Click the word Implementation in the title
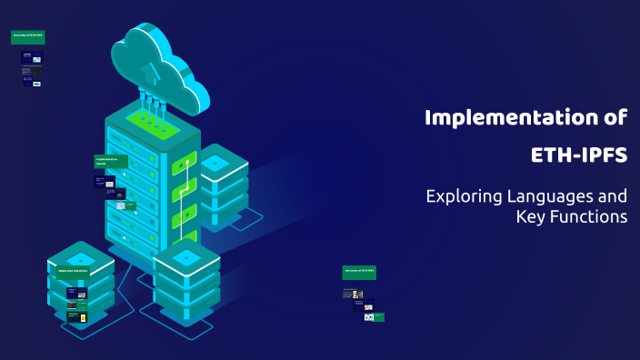[505, 117]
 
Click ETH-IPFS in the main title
[578, 155]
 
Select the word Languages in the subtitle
[547, 195]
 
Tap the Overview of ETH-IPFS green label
[27, 37]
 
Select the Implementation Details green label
[111, 161]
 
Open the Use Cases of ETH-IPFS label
[358, 272]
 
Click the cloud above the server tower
[159, 65]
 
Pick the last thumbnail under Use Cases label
[374, 316]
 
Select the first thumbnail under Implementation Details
[104, 181]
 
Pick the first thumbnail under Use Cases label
[353, 294]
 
